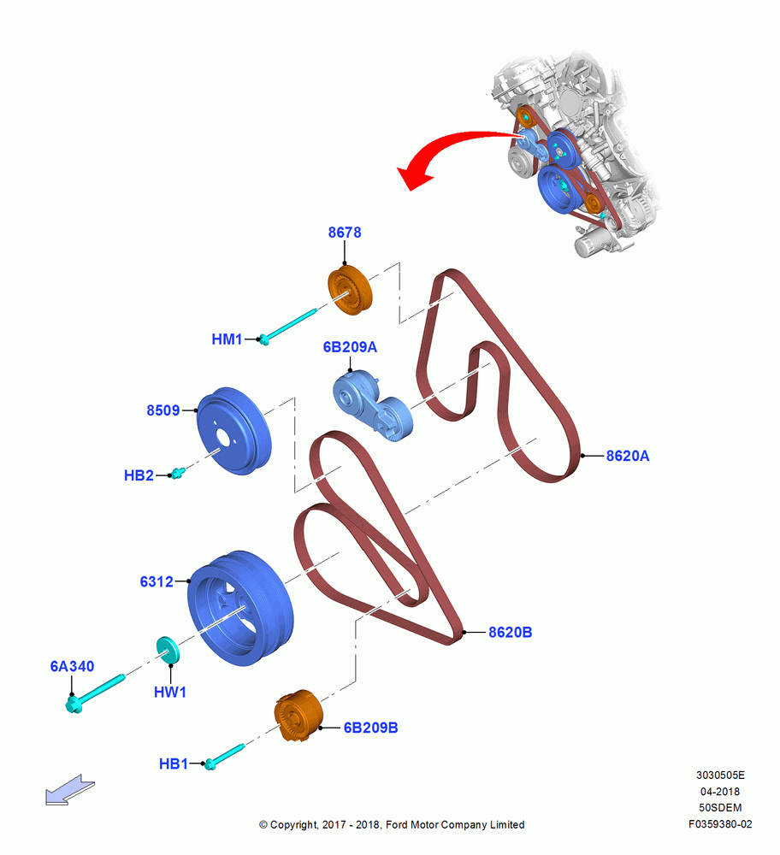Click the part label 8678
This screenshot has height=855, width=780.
pos(344,233)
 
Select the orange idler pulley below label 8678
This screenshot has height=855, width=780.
pos(350,290)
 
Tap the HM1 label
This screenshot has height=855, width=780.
pos(227,339)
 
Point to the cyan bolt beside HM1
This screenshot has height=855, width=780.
pos(287,327)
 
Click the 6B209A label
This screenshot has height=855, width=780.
pos(350,347)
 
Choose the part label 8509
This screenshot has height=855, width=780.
pos(163,410)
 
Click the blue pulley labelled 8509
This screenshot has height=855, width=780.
pos(233,431)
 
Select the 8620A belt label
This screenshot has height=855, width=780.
pos(627,456)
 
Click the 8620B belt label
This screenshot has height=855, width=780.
pos(510,632)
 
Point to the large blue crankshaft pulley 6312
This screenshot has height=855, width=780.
pos(240,608)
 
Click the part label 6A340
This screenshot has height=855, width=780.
pos(72,666)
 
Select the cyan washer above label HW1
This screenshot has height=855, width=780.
pos(168,650)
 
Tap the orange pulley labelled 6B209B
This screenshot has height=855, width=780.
pos(298,716)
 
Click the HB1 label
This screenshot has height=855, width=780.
pos(174,764)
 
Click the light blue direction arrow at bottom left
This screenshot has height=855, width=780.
pos(70,790)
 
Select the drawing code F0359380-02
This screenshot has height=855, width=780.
pos(720,824)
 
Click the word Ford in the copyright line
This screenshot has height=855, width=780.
pos(396,824)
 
